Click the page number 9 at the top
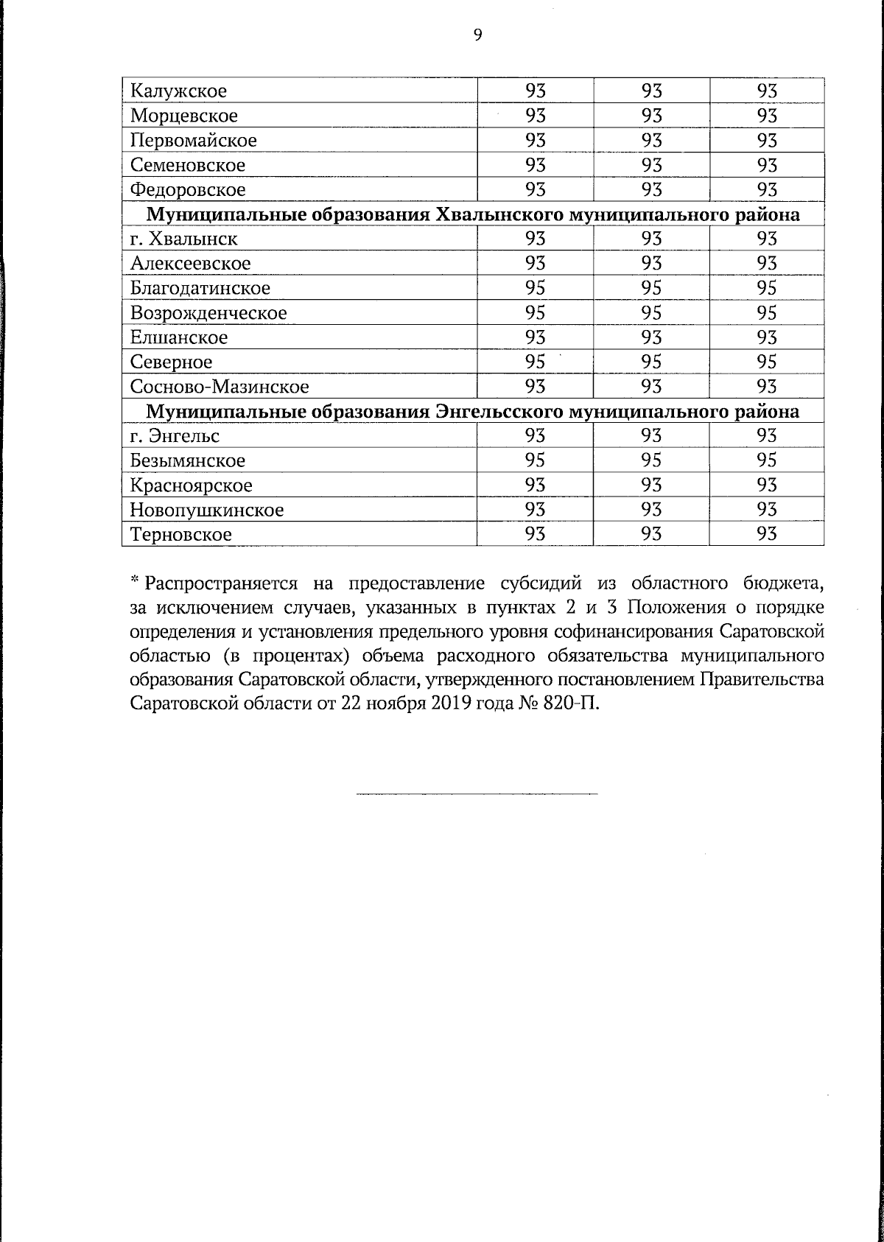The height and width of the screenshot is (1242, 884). [x=477, y=35]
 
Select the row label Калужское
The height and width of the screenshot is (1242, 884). [x=178, y=91]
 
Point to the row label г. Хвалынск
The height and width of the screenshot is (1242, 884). [x=183, y=239]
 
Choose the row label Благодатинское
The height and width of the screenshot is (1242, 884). [x=200, y=288]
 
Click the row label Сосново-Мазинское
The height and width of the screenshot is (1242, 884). [x=220, y=387]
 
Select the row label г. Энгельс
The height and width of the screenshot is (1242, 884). [x=175, y=436]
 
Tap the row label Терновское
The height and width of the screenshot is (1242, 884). [x=180, y=535]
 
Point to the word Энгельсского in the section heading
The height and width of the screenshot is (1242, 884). [x=503, y=411]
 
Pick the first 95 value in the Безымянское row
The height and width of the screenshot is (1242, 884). [x=535, y=460]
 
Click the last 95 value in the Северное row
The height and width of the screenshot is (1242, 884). [x=767, y=362]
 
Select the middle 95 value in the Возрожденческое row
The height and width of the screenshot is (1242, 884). [x=651, y=312]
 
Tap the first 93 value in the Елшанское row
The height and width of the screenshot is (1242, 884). [x=535, y=337]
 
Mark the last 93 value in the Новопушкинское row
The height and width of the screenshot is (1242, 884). [x=767, y=510]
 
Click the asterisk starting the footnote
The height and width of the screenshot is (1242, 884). [x=135, y=582]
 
